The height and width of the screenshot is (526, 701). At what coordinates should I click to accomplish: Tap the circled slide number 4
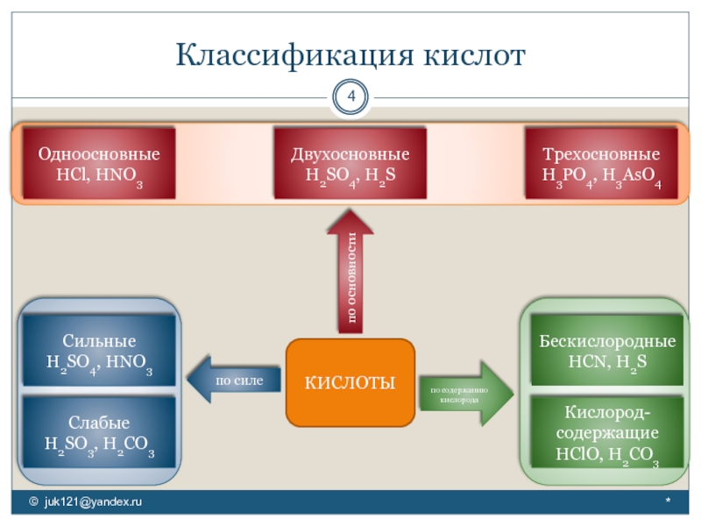(350, 96)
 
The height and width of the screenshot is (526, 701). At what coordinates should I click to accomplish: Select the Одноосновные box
(98, 165)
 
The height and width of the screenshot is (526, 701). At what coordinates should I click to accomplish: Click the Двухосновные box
(350, 165)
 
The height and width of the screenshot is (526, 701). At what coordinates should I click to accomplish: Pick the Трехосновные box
(601, 165)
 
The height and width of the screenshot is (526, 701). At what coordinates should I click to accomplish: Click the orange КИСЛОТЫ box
(350, 382)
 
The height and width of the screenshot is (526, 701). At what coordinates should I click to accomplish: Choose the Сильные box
(98, 352)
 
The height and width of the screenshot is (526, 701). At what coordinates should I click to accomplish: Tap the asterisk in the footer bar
(668, 502)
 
